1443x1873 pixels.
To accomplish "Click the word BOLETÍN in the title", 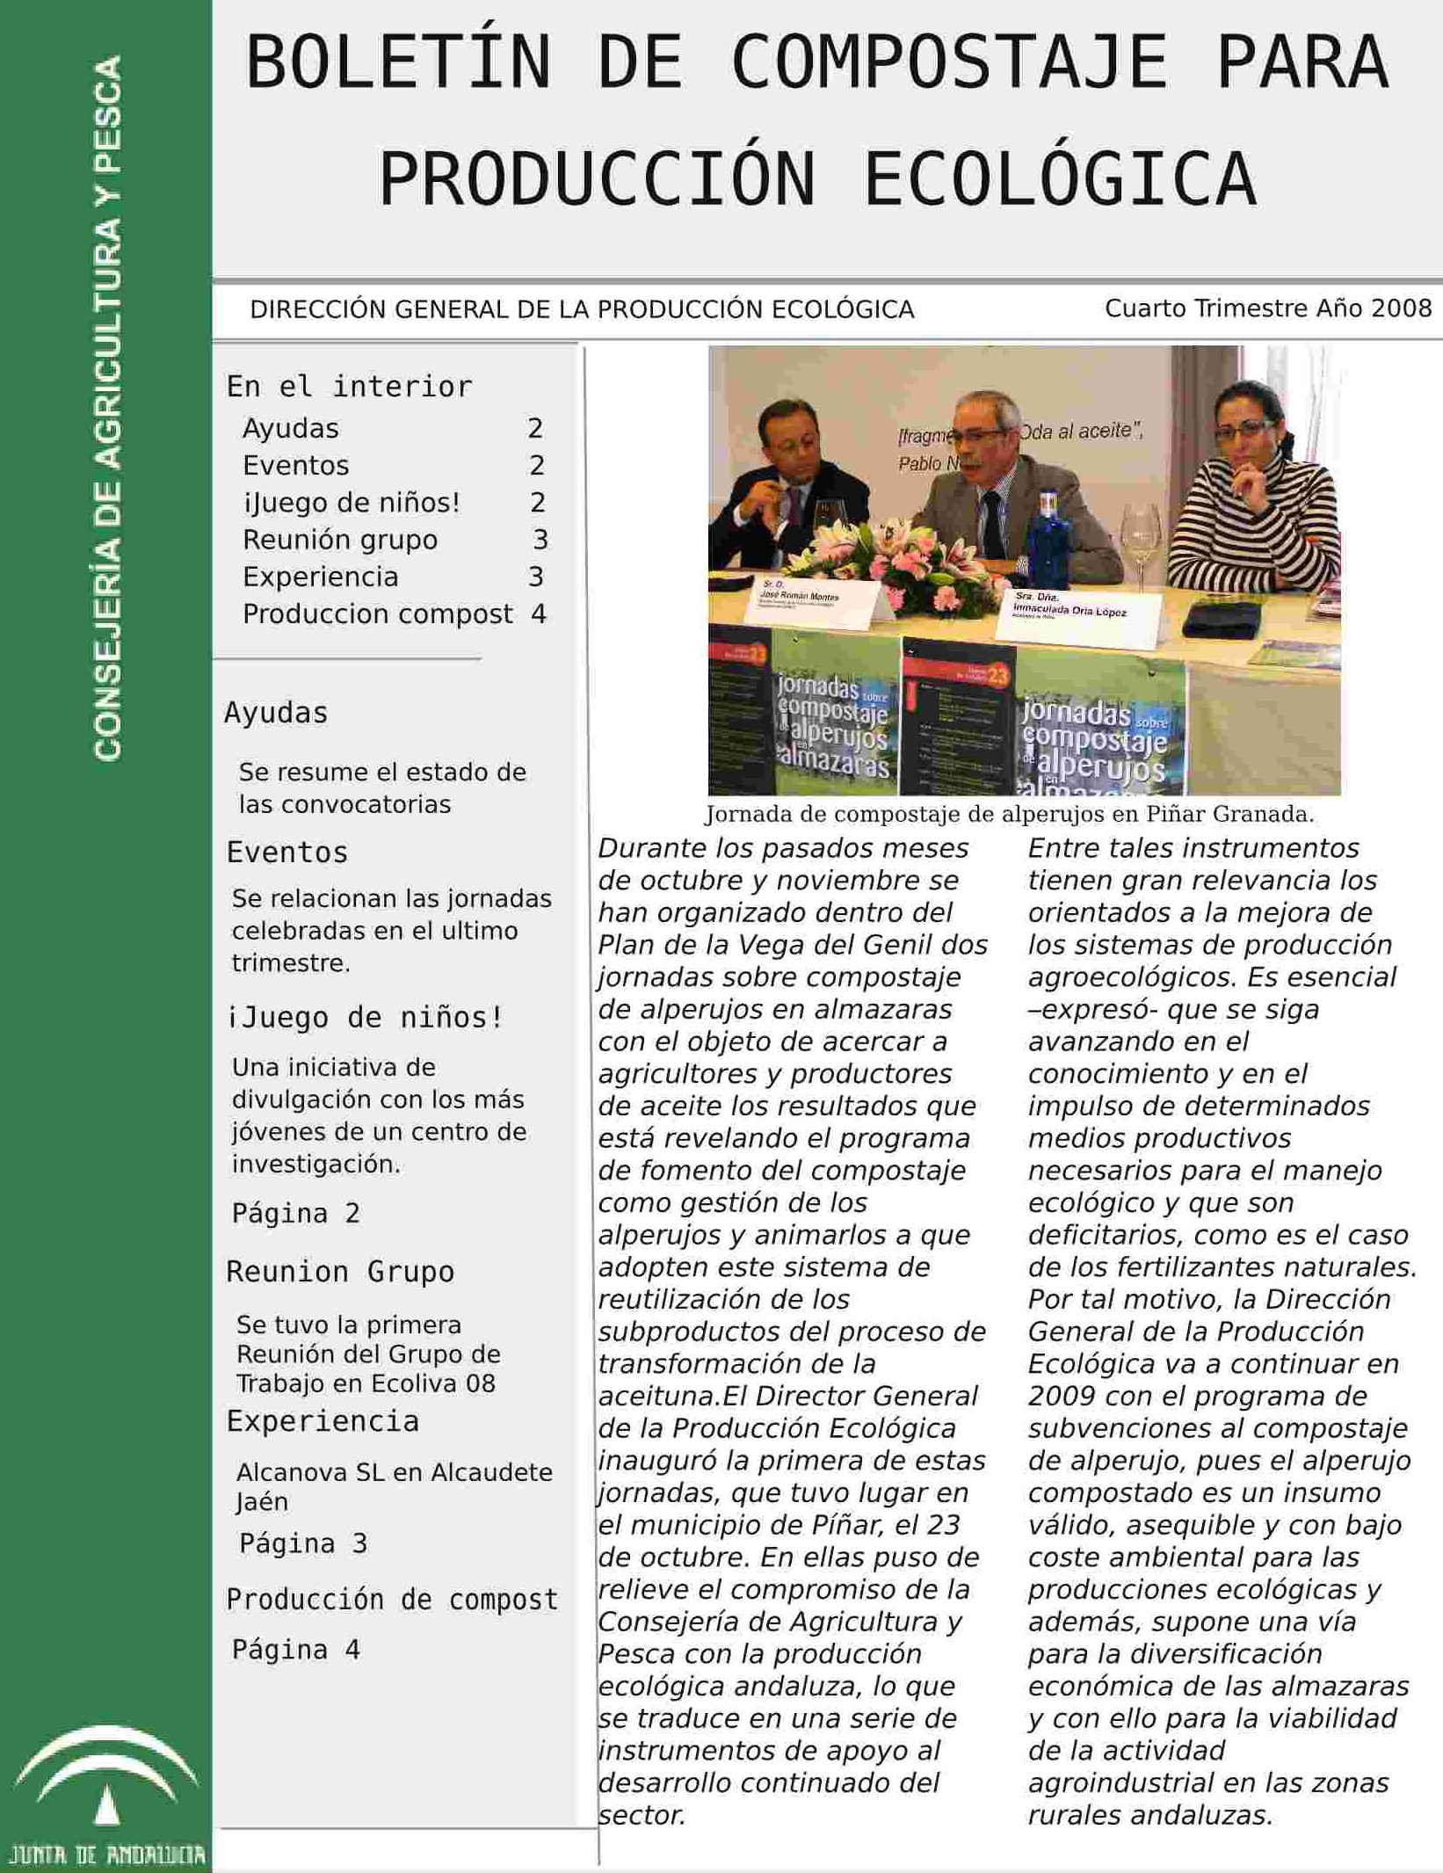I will click(x=398, y=63).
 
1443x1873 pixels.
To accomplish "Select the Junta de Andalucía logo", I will click(x=106, y=1793).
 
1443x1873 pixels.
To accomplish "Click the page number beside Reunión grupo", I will click(x=540, y=540).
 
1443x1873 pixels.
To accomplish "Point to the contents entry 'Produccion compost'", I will click(x=377, y=613).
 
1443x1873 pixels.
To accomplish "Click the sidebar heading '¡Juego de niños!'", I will click(x=365, y=1017).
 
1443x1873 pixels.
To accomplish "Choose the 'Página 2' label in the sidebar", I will click(x=295, y=1214).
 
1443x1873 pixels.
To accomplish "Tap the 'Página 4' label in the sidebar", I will click(x=295, y=1650).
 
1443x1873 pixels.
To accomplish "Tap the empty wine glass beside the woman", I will click(x=1141, y=536).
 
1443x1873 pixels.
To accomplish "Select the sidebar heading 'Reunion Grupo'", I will click(x=340, y=1272).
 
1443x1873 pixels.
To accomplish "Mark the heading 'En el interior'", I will click(x=350, y=387).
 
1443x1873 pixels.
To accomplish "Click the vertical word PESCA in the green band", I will click(x=108, y=114).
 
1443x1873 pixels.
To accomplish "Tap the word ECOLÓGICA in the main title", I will click(x=1060, y=179).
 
